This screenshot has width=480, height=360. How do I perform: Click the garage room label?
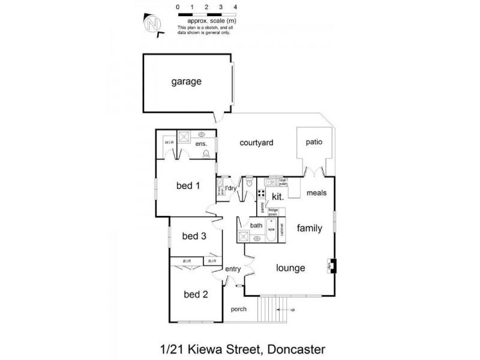[186, 82]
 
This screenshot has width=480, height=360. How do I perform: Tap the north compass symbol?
[153, 25]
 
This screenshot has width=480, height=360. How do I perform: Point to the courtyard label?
[257, 143]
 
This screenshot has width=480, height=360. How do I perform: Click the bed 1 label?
[187, 185]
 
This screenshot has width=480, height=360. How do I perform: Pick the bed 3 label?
[194, 236]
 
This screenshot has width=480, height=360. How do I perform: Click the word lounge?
[291, 268]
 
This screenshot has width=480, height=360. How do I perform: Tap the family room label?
[310, 228]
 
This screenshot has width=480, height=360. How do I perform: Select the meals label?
[316, 193]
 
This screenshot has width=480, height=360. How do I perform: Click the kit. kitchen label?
[278, 196]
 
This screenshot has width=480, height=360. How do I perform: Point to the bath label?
[257, 225]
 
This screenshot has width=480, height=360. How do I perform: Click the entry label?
[233, 269]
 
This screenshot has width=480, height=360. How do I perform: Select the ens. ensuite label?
[201, 144]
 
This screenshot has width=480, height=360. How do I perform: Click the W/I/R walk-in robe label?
[169, 143]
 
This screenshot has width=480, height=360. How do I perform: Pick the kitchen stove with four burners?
[262, 193]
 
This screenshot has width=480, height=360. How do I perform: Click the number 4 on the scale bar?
[235, 6]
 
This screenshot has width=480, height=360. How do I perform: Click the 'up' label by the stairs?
[292, 310]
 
